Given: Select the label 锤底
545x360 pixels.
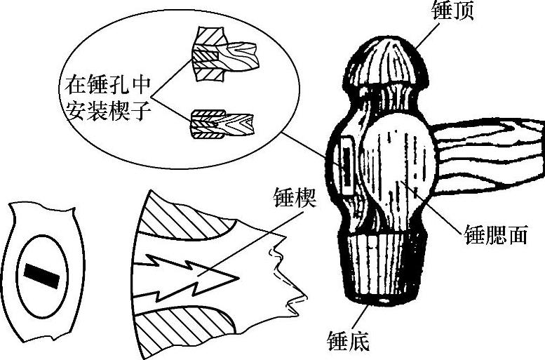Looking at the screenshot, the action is [x=348, y=341].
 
